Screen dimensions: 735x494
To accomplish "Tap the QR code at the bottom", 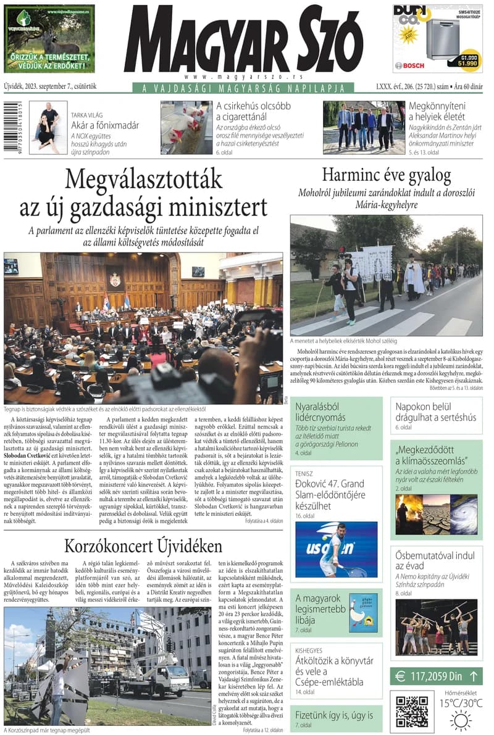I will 411,711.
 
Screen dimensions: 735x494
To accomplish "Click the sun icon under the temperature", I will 461,720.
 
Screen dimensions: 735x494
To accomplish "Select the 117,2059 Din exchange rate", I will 436,676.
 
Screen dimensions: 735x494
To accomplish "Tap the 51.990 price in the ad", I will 467,63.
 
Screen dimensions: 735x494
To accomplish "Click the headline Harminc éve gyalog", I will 387,175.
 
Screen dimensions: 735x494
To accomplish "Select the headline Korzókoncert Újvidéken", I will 143,546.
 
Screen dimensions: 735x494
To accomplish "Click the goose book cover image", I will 363,612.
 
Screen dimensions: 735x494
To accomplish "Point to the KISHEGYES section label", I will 309,650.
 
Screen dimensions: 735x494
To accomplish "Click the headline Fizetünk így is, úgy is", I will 334,715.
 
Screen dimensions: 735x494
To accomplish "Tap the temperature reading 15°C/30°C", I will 461,703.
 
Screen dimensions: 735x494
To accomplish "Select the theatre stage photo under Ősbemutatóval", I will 436,627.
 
